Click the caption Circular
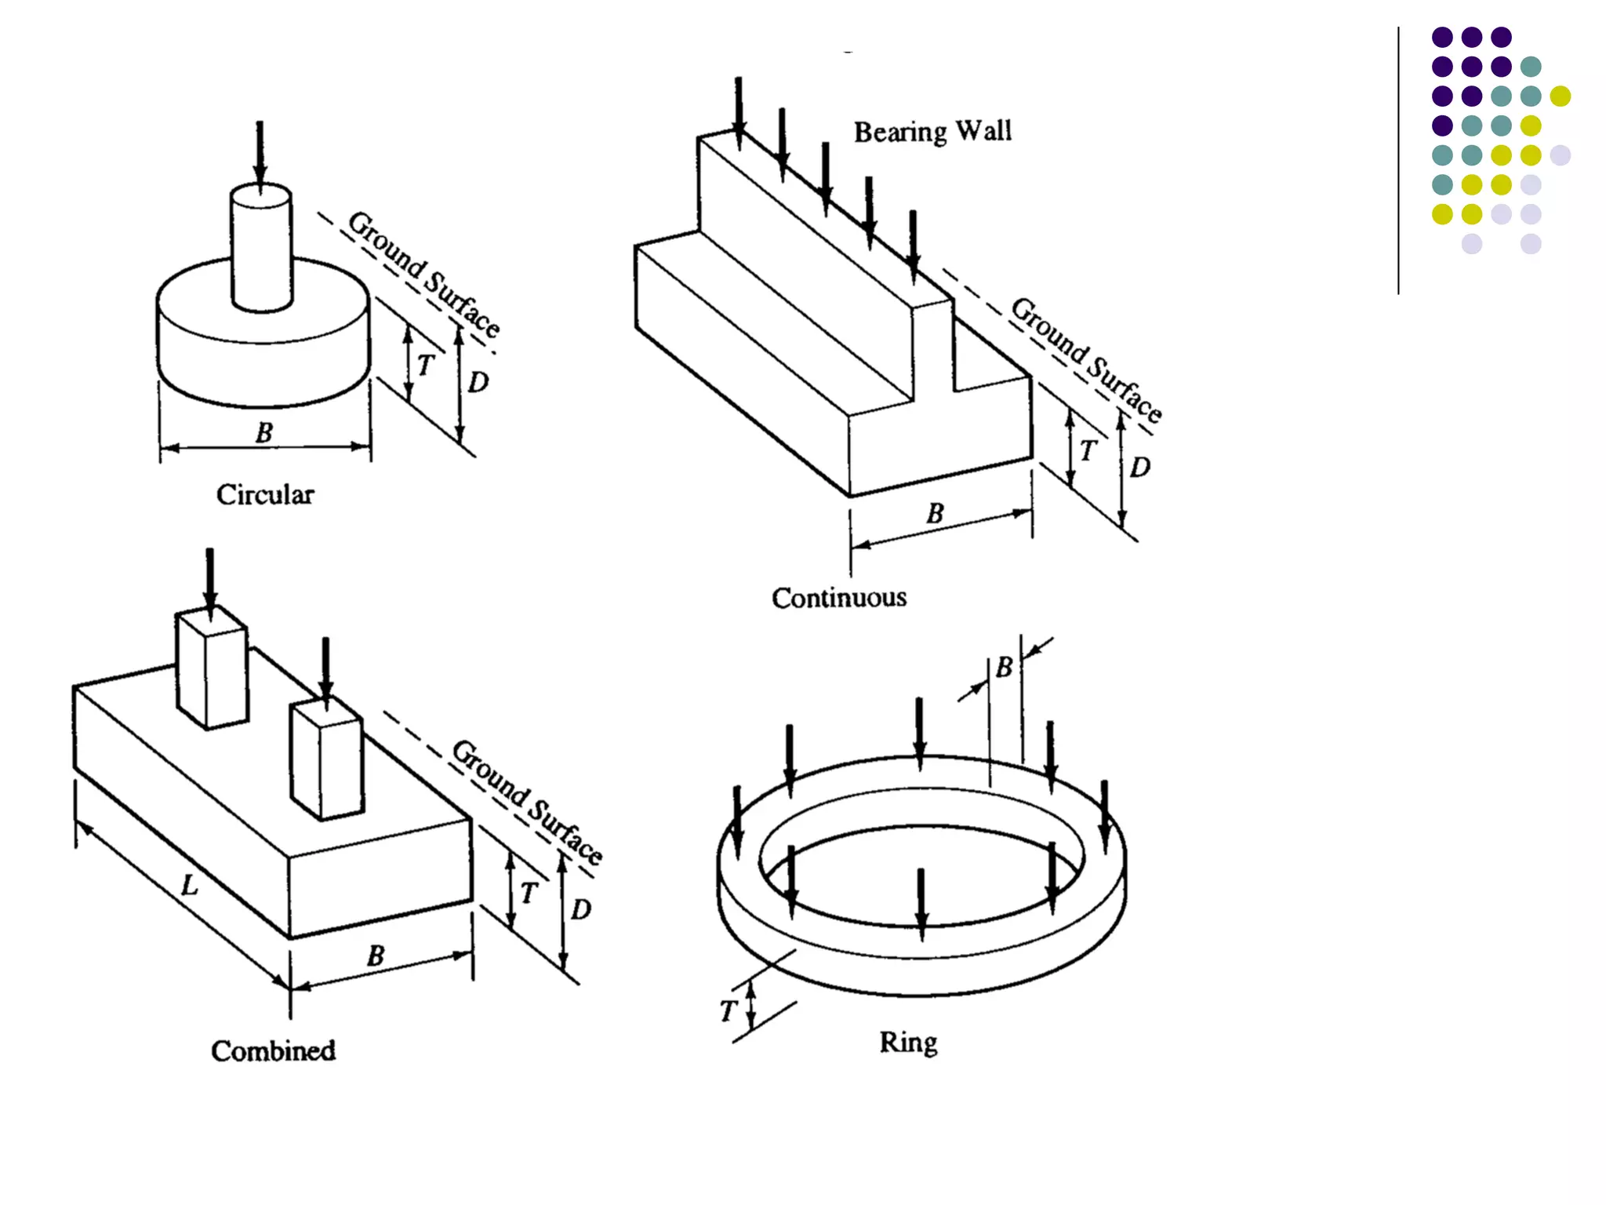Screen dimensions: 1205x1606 pos(265,495)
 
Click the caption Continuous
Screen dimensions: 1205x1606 pos(839,598)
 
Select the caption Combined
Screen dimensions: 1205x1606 pos(273,1050)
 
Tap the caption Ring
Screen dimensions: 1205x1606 pos(908,1043)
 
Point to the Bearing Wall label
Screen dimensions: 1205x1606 pos(932,131)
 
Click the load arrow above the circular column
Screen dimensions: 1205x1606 pos(260,153)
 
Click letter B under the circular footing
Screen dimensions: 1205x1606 pos(264,432)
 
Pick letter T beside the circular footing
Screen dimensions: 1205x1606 pos(425,366)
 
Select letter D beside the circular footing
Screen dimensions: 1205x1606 pos(478,383)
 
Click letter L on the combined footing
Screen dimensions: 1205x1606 pos(190,886)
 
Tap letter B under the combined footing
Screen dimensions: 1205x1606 pos(376,956)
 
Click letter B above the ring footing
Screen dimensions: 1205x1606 pos(1005,668)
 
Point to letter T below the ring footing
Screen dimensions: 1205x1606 pos(728,1011)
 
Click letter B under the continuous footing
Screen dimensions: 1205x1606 pos(935,514)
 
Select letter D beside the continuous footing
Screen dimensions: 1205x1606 pos(1140,468)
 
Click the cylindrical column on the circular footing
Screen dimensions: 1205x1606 pos(262,247)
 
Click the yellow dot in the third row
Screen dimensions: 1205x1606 pos(1560,96)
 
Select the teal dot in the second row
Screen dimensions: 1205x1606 pos(1530,67)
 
